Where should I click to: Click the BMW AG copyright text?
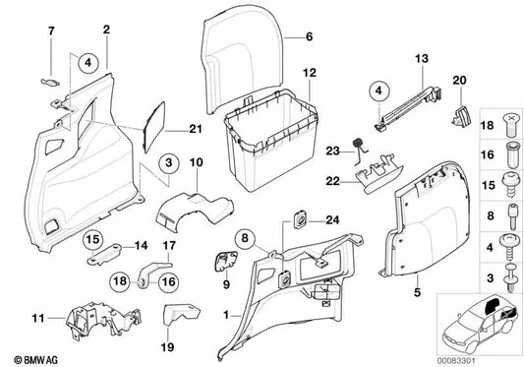pos(35,360)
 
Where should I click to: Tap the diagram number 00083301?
pos(456,361)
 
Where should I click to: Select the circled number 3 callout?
pos(169,163)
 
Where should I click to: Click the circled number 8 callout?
pos(245,238)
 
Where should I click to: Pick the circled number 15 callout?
pos(92,239)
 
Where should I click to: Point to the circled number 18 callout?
pos(120,281)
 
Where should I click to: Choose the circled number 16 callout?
pos(168,281)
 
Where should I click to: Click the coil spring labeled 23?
pos(358,151)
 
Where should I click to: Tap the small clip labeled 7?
pos(50,82)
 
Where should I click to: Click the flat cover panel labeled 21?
pos(154,128)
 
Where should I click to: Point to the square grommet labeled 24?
pos(301,219)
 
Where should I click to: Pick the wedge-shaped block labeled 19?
pos(181,314)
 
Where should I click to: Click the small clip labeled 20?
pos(461,116)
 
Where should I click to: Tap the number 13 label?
pos(422,59)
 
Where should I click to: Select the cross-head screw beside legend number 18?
pos(511,125)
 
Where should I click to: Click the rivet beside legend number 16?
pos(511,155)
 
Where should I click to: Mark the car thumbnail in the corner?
pos(480,324)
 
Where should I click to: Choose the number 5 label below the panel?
pos(417,292)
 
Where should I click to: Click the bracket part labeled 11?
pos(103,321)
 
